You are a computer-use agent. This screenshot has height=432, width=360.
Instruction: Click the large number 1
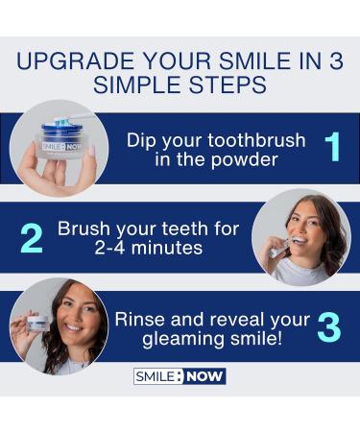(x=332, y=147)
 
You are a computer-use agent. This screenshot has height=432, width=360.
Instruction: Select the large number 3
(x=328, y=327)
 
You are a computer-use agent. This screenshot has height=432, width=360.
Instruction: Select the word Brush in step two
(x=84, y=228)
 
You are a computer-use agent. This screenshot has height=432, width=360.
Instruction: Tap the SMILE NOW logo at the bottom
(x=180, y=375)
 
